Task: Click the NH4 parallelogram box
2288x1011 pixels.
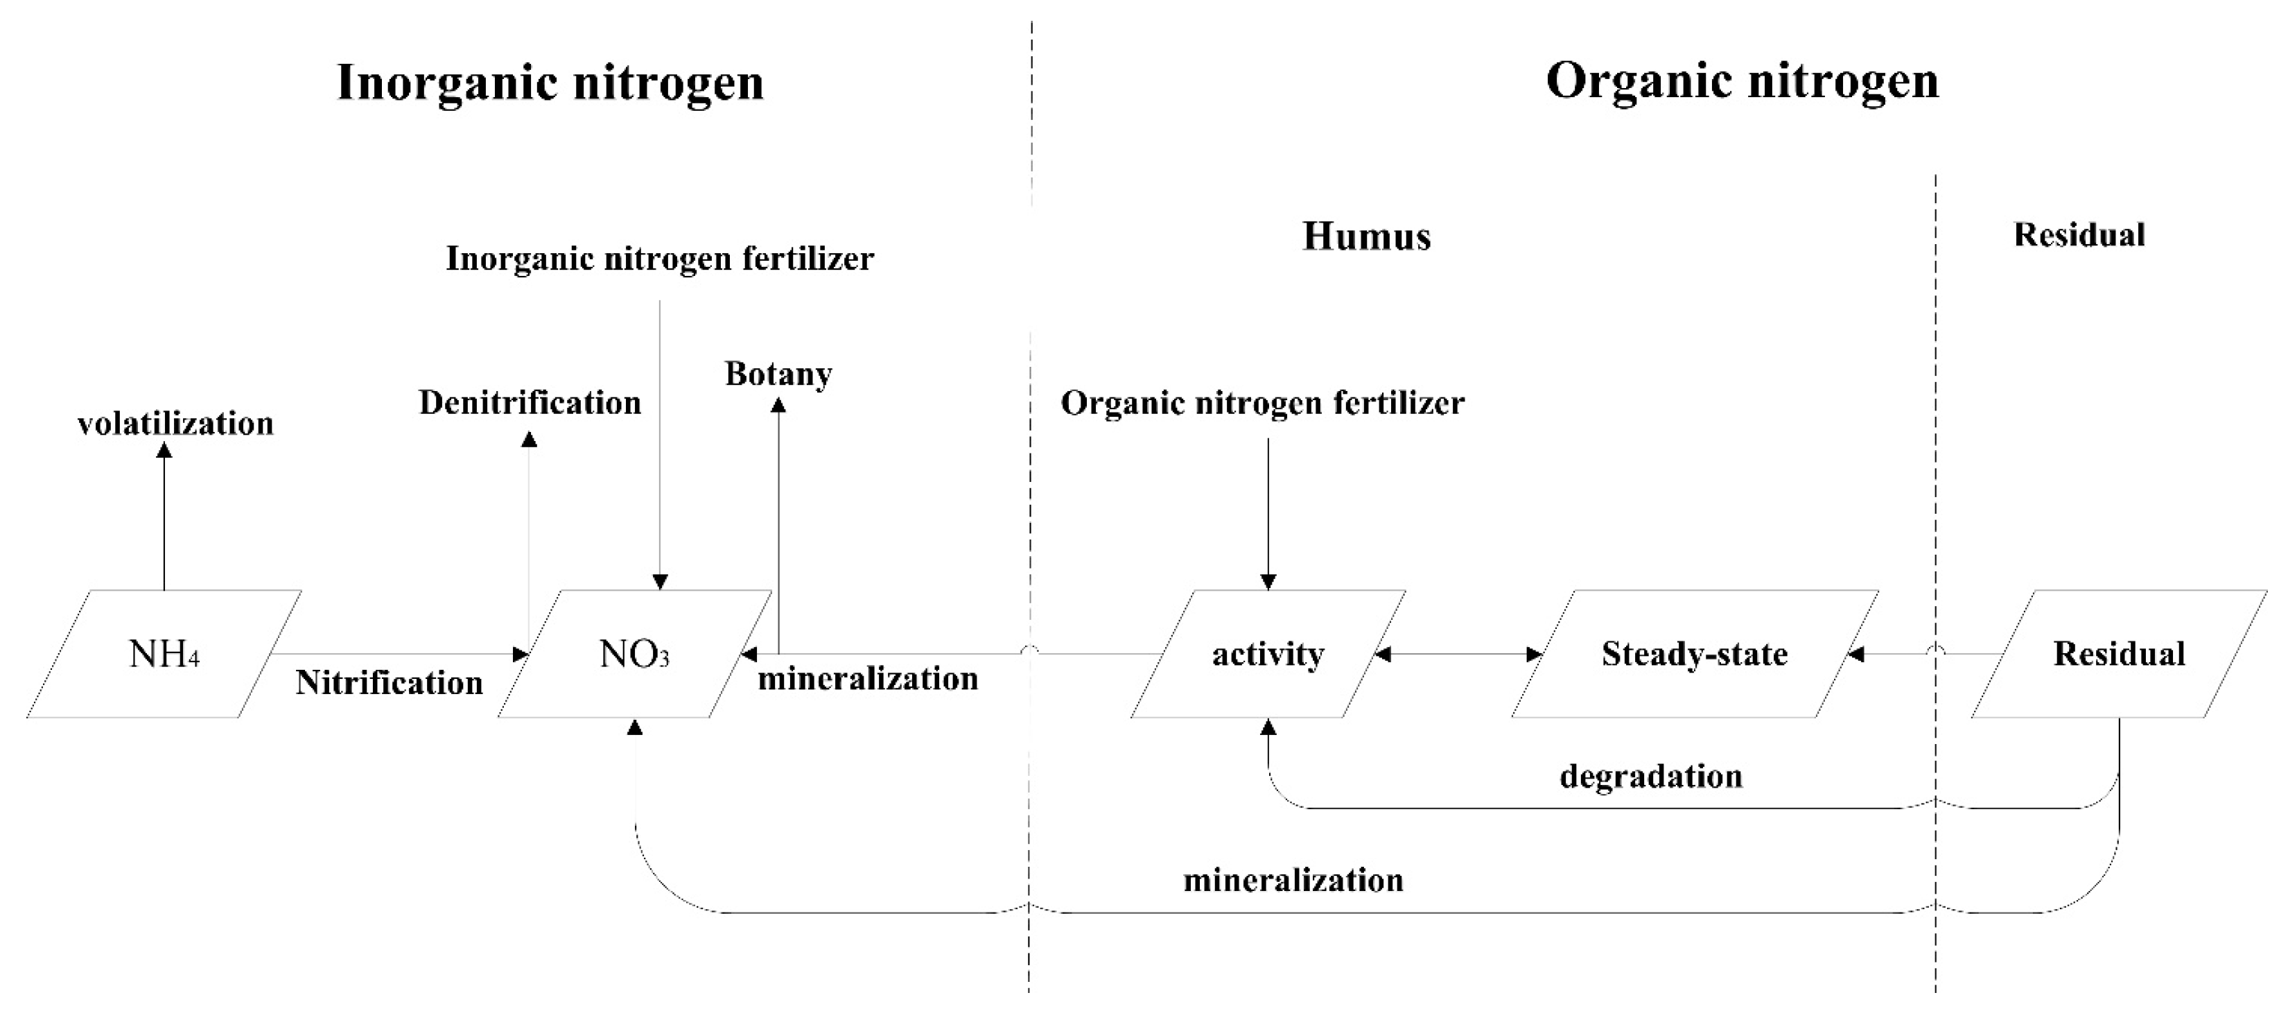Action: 164,654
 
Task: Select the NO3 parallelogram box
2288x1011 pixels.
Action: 634,654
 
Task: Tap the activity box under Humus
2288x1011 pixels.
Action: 1268,654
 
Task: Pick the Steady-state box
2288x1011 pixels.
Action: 1695,654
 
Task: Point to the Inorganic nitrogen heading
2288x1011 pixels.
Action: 550,83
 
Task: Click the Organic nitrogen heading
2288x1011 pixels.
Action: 1742,81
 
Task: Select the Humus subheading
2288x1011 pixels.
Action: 1366,236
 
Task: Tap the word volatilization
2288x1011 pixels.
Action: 175,424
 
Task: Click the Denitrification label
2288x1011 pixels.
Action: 530,402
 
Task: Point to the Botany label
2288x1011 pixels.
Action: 778,373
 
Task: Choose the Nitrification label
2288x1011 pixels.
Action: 389,682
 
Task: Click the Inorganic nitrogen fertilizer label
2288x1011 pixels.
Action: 660,259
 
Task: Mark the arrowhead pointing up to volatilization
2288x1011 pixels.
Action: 164,451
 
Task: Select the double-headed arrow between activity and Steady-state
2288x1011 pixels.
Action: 1458,655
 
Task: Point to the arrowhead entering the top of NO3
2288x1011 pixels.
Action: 660,582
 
